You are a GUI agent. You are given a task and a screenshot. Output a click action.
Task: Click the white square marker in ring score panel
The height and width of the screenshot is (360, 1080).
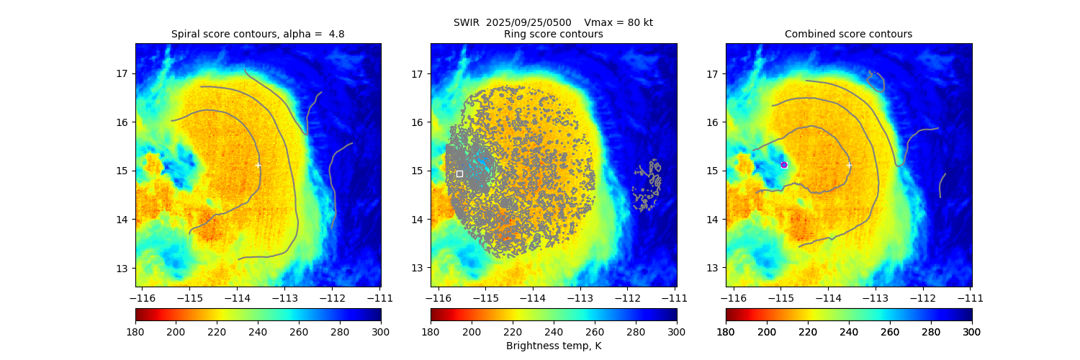click(x=459, y=174)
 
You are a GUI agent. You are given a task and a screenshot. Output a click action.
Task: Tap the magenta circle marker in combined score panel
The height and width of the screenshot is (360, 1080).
click(x=784, y=165)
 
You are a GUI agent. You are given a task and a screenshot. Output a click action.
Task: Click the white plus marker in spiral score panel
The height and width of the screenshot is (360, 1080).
click(x=258, y=165)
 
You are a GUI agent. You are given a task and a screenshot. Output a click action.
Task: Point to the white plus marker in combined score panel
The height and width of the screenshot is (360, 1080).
click(x=849, y=165)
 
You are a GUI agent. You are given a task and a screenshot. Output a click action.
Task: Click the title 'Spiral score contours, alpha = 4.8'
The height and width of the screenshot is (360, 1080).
click(x=258, y=34)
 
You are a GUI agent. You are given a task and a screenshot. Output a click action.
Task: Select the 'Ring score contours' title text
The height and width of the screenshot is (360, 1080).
click(x=553, y=34)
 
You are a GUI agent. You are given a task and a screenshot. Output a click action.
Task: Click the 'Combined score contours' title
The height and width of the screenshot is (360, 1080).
click(x=848, y=34)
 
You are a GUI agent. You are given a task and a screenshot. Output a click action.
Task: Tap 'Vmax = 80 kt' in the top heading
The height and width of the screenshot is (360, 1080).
click(x=618, y=22)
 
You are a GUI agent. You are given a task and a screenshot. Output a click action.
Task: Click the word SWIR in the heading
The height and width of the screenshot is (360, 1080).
click(x=467, y=22)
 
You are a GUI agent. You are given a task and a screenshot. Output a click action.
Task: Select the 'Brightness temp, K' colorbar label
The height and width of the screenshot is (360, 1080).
click(x=553, y=346)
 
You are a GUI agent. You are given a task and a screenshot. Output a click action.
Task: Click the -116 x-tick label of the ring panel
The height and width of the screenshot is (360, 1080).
click(x=437, y=297)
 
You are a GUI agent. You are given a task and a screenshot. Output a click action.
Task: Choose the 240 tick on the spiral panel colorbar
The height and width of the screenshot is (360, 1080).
click(x=258, y=332)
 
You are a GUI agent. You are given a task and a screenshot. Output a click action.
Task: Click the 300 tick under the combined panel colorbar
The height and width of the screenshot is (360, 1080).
click(x=972, y=332)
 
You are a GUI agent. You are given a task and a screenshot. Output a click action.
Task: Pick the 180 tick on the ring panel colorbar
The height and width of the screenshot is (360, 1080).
click(x=431, y=332)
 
